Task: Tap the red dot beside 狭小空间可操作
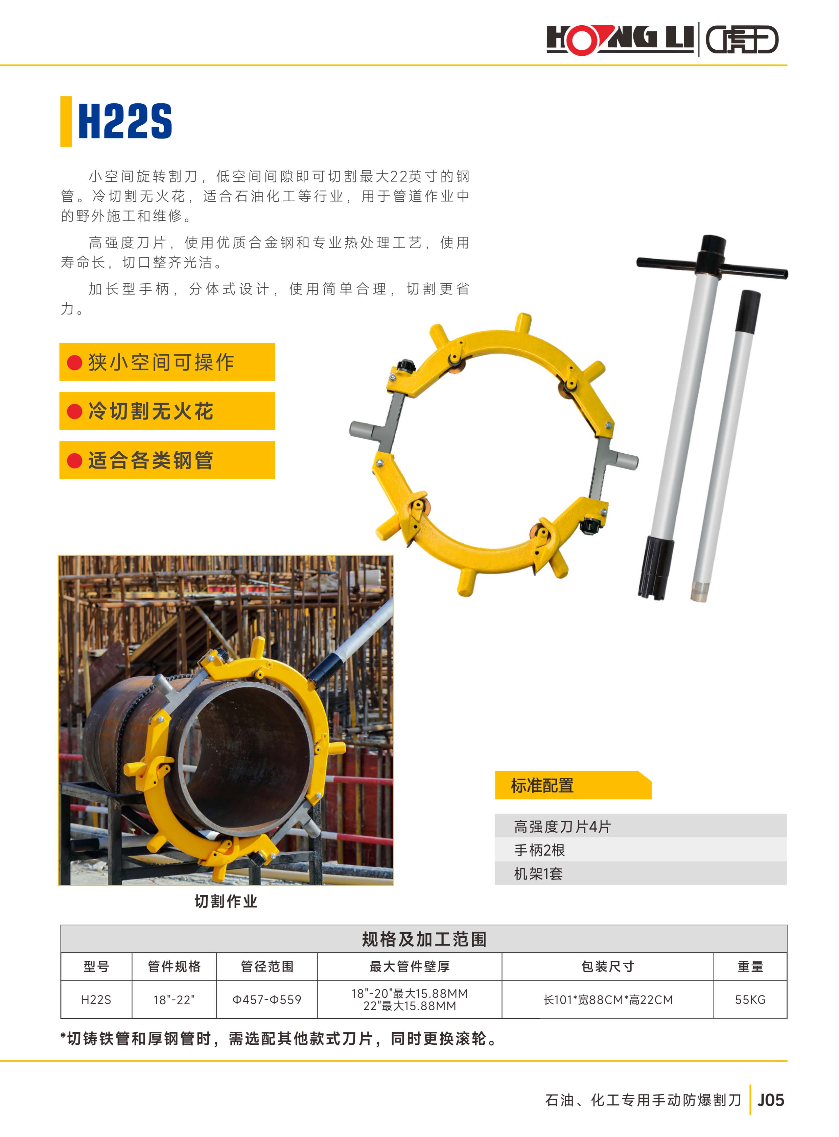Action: pos(75,362)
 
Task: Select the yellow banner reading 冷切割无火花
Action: pos(167,411)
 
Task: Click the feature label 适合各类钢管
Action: pos(151,460)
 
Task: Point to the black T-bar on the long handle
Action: pos(712,267)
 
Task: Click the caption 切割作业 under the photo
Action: pos(226,901)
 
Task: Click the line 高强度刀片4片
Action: pos(562,827)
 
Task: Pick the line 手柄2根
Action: pos(539,850)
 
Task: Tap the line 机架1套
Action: pos(538,874)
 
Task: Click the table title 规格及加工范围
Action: pos(424,939)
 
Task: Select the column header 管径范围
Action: pos(267,966)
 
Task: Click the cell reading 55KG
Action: pos(750,1000)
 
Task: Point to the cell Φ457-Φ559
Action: pos(267,1000)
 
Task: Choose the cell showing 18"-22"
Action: pos(174,1000)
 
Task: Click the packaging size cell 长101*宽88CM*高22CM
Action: pos(608,1000)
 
